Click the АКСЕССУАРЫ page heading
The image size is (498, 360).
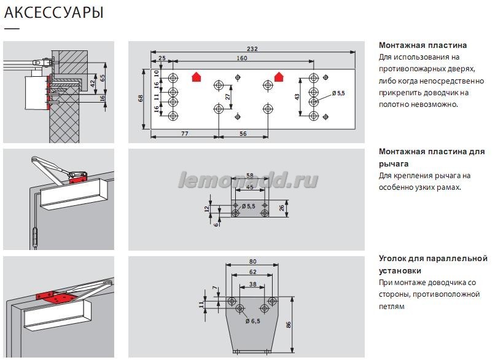coord(53,12)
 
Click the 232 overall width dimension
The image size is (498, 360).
coord(252,49)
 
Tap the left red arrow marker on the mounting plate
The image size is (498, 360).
coord(197,77)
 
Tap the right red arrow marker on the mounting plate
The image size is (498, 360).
coord(279,77)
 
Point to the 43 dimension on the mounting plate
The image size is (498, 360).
coord(297,97)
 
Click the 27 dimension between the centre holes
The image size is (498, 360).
coord(228,97)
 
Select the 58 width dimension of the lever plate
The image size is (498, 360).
coord(250,175)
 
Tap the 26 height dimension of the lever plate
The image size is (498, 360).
coord(282,208)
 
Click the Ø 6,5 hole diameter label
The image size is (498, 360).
coord(253,321)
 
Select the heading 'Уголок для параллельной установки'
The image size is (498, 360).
coord(433,264)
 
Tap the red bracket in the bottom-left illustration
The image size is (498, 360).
coord(56,298)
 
